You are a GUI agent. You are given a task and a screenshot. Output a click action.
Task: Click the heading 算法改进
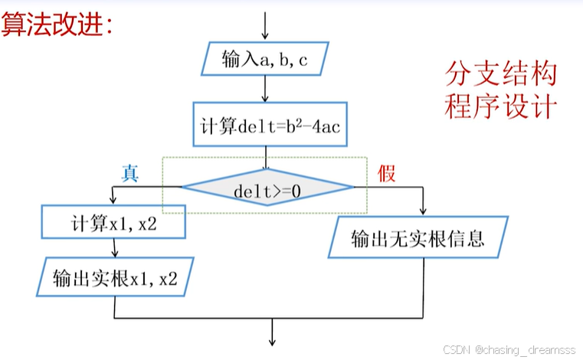pyautogui.click(x=57, y=25)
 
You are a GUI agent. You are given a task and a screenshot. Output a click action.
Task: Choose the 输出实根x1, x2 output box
pyautogui.click(x=114, y=277)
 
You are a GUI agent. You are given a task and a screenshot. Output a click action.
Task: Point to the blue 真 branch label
pyautogui.click(x=129, y=173)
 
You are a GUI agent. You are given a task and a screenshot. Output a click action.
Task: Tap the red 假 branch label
pyautogui.click(x=387, y=174)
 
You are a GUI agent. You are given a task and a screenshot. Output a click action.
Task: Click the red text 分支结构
pyautogui.click(x=499, y=75)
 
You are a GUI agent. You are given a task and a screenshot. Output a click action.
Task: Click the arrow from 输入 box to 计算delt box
pyautogui.click(x=265, y=90)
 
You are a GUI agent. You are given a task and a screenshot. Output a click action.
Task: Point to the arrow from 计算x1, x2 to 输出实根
pyautogui.click(x=115, y=248)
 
